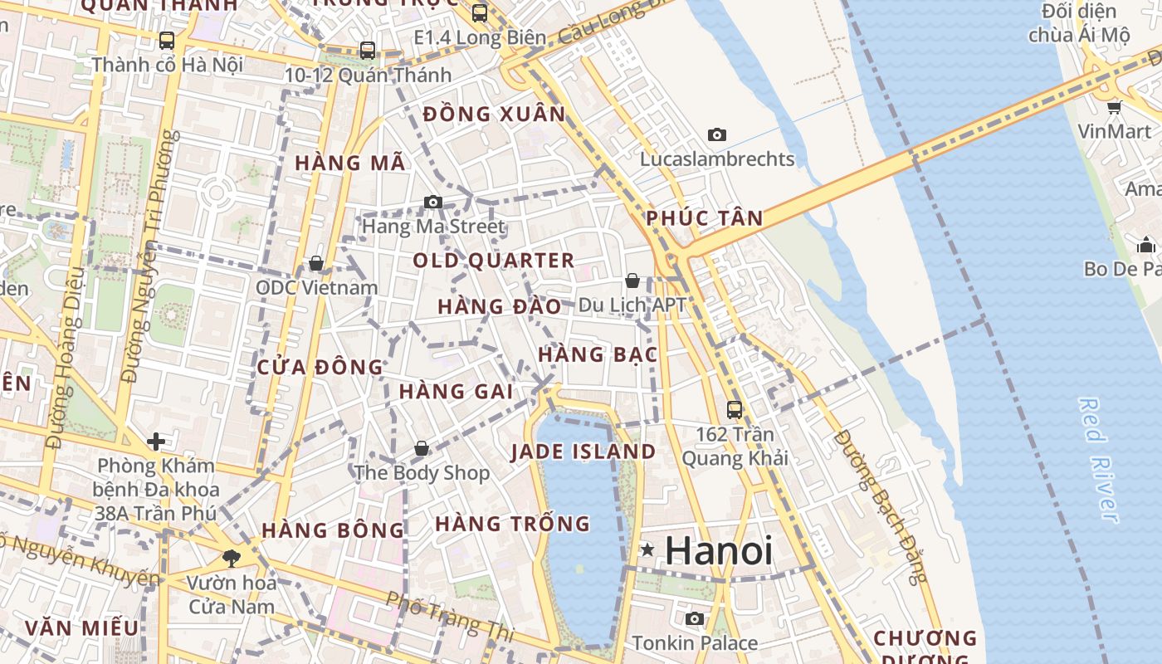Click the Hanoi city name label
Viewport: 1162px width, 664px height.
[719, 550]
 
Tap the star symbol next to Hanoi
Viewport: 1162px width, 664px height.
[647, 550]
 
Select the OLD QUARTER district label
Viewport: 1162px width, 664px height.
[494, 261]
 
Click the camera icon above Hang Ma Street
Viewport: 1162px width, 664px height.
[432, 202]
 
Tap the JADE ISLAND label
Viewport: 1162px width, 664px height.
[583, 452]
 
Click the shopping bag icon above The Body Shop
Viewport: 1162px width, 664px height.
[422, 448]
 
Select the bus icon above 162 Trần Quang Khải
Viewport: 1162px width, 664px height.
[735, 409]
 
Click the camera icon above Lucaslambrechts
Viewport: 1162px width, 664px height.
[717, 134]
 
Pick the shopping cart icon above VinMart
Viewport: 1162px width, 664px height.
[1115, 107]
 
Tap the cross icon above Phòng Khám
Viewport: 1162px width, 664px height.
[155, 441]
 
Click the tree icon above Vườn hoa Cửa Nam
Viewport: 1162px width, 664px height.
[231, 558]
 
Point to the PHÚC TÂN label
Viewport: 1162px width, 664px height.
[705, 218]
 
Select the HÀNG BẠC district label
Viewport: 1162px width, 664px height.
[598, 354]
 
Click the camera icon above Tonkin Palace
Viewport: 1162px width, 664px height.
[695, 618]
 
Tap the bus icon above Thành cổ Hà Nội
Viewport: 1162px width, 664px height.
[167, 40]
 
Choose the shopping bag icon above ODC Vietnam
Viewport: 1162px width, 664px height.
[316, 263]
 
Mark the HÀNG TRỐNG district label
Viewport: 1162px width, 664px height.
[512, 524]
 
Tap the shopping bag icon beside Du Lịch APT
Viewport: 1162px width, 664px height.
[632, 281]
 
